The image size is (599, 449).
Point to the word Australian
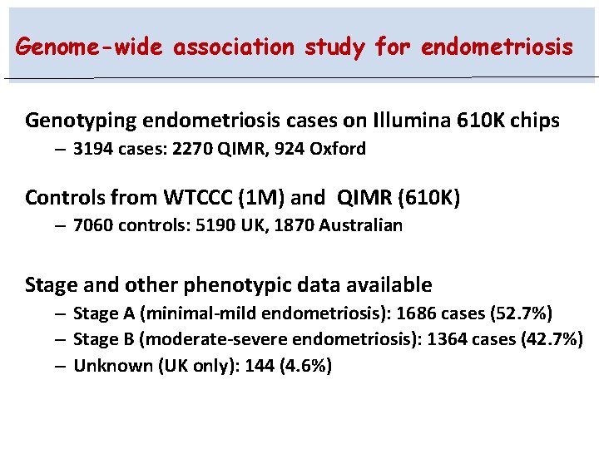coord(359,225)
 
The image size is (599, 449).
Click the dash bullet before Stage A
coord(62,313)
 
